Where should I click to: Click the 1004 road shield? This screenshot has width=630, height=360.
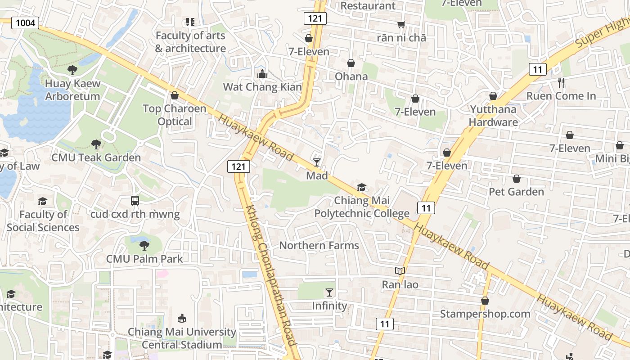[25, 23]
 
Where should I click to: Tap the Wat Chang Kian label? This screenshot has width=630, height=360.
[262, 87]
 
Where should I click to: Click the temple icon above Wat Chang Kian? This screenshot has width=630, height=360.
[262, 74]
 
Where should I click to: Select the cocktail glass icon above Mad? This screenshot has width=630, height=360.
[317, 162]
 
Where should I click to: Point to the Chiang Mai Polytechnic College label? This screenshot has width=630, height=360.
[362, 207]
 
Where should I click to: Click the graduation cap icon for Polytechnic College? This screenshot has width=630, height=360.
[361, 187]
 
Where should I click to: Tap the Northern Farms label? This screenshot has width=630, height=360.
[319, 245]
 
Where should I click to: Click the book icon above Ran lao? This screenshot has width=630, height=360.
[400, 271]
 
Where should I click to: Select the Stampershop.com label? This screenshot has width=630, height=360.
[485, 314]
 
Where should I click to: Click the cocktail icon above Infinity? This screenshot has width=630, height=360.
[329, 292]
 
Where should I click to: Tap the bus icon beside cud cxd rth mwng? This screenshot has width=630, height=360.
[135, 201]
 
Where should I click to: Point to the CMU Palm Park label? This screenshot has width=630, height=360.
[144, 259]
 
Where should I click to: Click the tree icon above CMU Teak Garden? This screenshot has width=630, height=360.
[96, 144]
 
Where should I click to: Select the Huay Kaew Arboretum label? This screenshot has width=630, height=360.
[72, 90]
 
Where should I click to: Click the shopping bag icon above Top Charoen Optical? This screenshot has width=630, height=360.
[175, 95]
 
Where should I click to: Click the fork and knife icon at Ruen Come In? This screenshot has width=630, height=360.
[561, 83]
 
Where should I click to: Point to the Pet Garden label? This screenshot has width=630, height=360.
[516, 192]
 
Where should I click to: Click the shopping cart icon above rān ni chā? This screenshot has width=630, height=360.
[401, 25]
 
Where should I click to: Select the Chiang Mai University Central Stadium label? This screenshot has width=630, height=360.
[182, 338]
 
